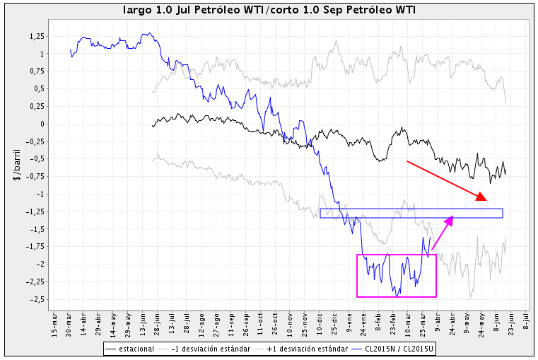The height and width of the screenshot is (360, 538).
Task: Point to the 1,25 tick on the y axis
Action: click(x=35, y=36)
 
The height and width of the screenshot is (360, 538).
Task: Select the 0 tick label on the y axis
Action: click(x=41, y=124)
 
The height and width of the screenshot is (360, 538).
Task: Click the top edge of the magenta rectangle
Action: click(x=397, y=255)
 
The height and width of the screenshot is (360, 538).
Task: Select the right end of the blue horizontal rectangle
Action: click(x=503, y=213)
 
